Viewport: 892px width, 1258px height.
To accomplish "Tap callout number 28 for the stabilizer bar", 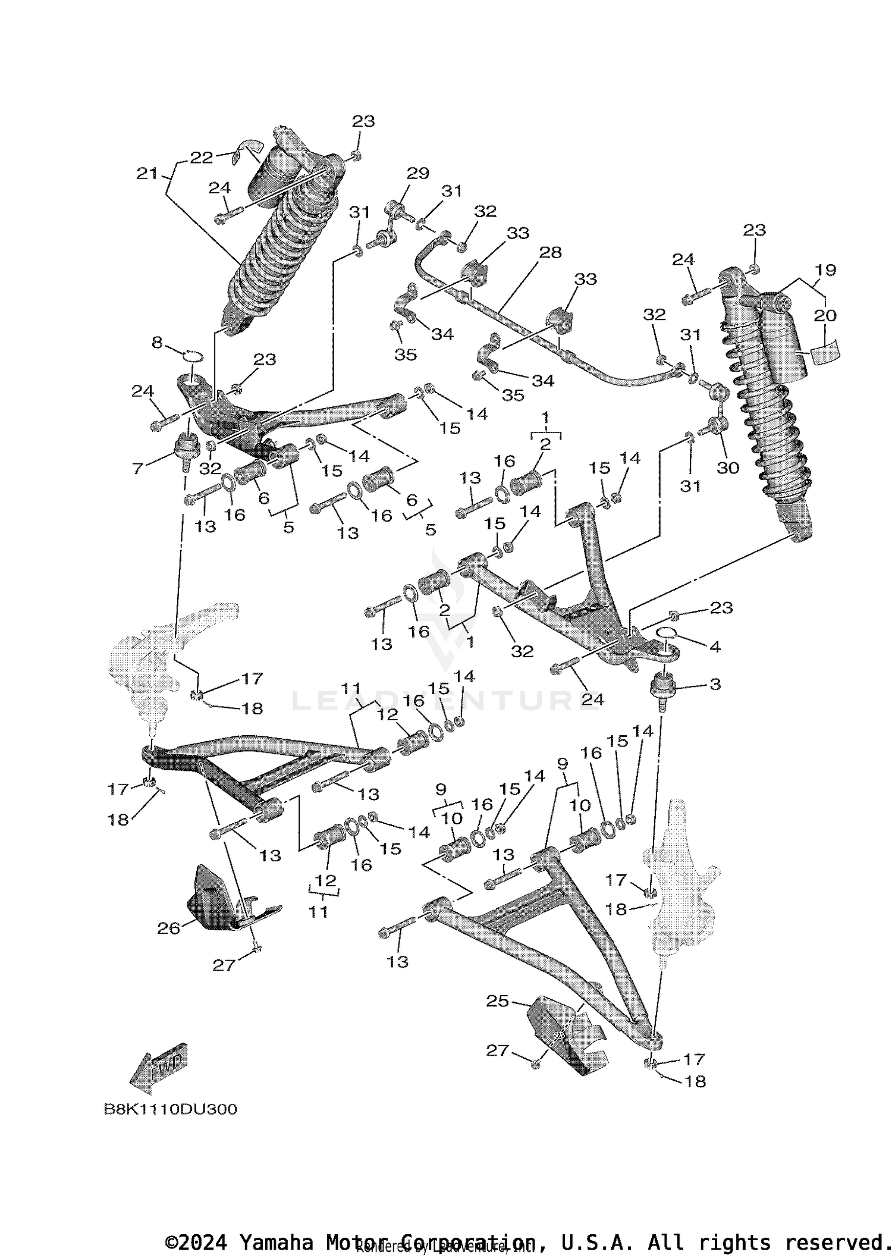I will [550, 252].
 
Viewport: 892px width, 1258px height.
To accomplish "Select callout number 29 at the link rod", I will [417, 173].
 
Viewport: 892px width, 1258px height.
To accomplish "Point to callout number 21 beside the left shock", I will [147, 173].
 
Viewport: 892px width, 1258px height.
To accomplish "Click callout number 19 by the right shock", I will [825, 269].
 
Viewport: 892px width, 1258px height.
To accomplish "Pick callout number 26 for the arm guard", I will [168, 928].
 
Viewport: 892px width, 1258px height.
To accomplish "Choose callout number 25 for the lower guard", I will [497, 1002].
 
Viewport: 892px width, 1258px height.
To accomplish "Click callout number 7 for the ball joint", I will [138, 469].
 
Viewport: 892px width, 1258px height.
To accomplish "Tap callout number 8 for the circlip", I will [157, 342].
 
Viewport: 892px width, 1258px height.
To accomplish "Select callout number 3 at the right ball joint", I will [715, 684].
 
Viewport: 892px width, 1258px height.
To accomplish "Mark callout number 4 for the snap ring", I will [715, 647].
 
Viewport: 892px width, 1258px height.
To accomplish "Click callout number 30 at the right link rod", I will [727, 468].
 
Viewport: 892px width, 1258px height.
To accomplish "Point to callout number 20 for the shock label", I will [825, 315].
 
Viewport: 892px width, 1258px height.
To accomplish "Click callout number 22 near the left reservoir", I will [202, 158].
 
